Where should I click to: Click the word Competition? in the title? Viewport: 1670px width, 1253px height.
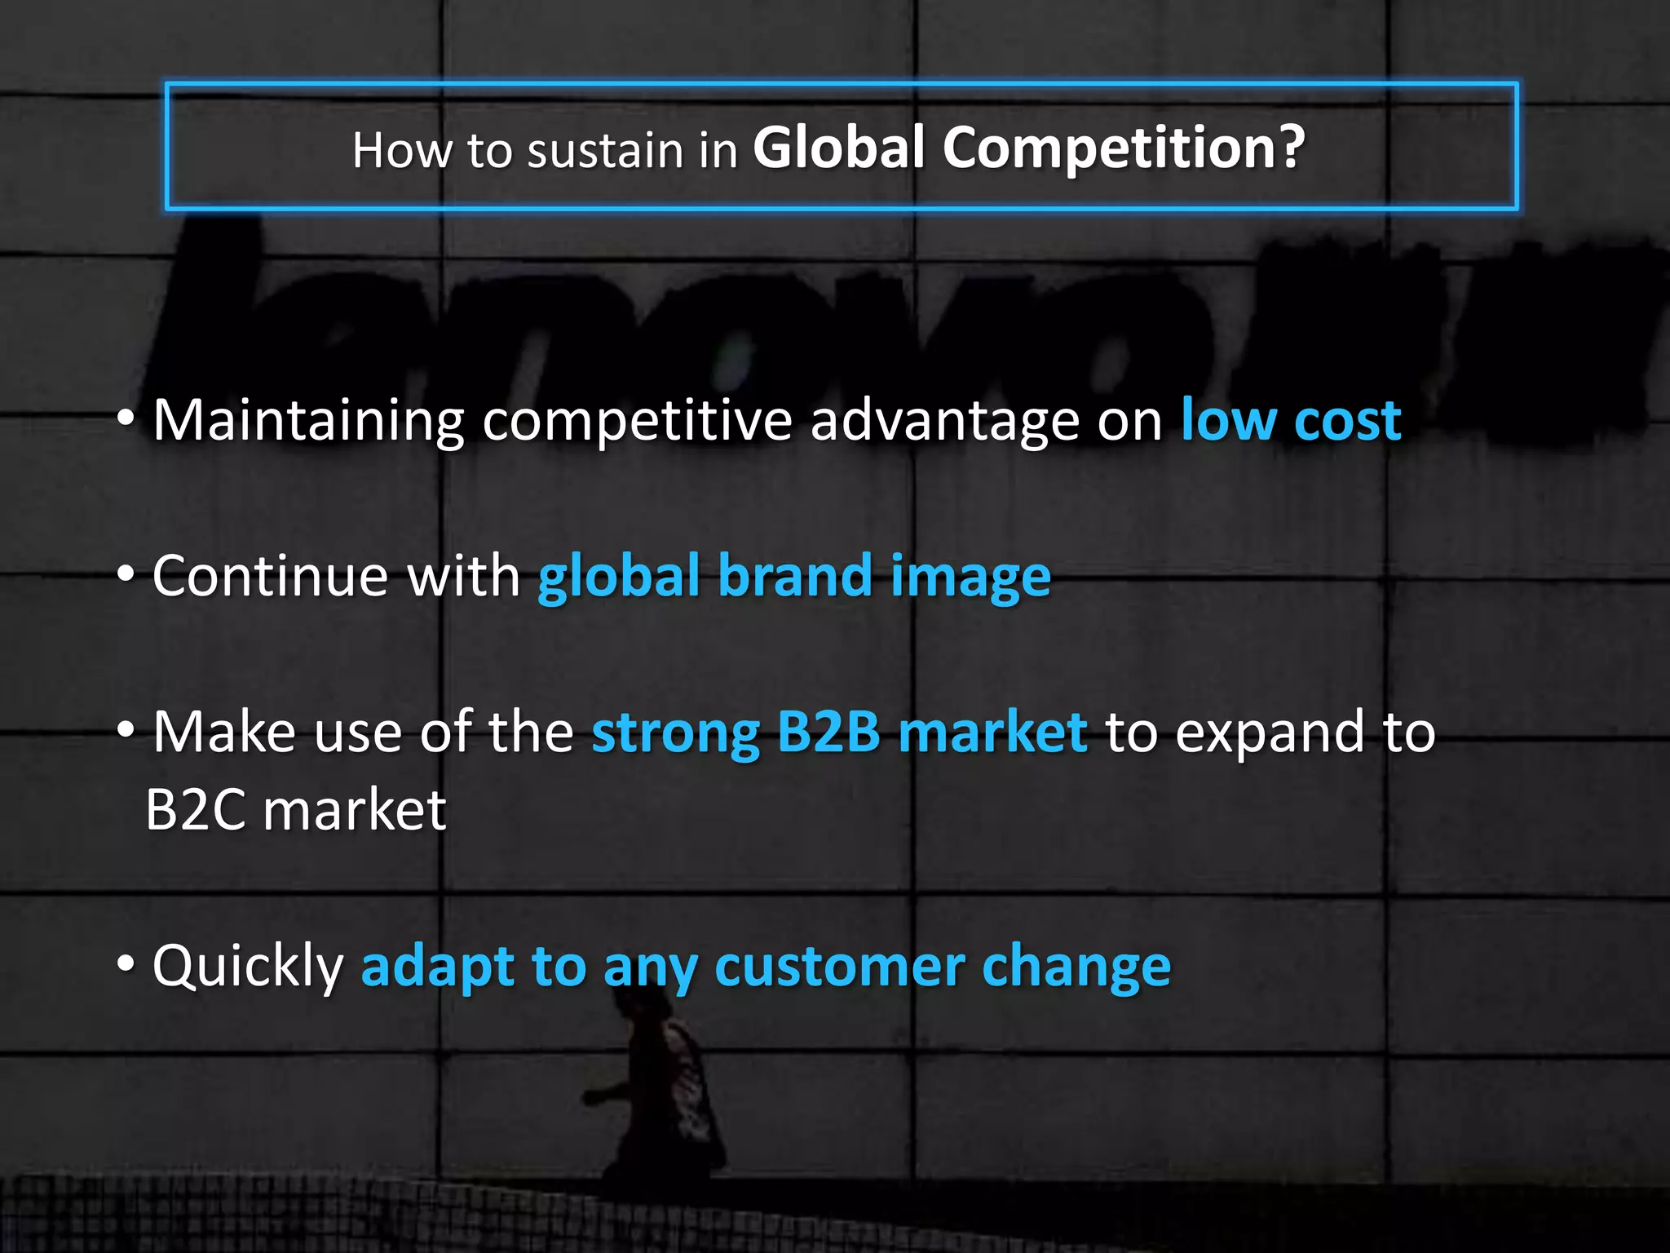click(1124, 148)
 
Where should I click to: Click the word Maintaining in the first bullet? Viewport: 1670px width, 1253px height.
click(308, 421)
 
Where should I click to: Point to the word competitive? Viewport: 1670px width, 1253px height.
click(637, 421)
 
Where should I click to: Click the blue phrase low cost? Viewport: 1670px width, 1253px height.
click(1291, 421)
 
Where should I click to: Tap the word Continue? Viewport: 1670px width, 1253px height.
click(270, 576)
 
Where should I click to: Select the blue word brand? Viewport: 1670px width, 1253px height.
click(795, 576)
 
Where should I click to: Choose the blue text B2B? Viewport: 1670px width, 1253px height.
click(828, 732)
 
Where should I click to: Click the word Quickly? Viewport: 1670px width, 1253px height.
click(248, 967)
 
